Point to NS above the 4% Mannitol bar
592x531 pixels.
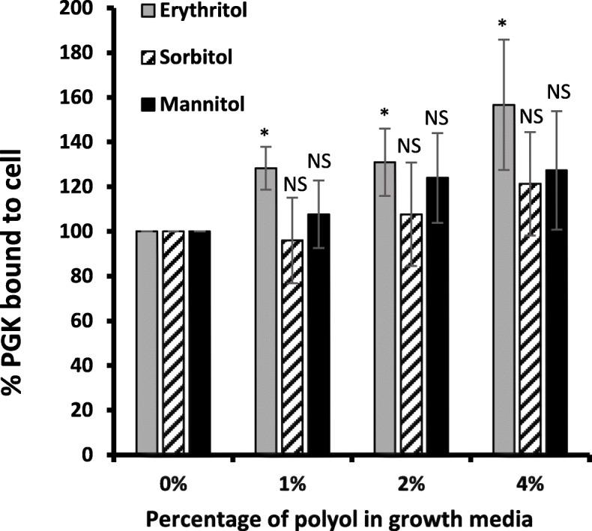click(558, 91)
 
